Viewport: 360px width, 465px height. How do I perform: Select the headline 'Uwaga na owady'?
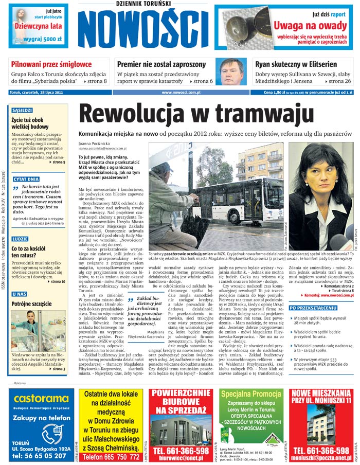click(310, 25)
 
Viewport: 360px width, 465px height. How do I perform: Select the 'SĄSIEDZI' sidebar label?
click(22, 110)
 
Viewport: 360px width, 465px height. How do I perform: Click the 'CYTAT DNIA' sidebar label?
click(26, 179)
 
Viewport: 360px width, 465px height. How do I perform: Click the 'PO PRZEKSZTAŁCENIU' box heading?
click(313, 308)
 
